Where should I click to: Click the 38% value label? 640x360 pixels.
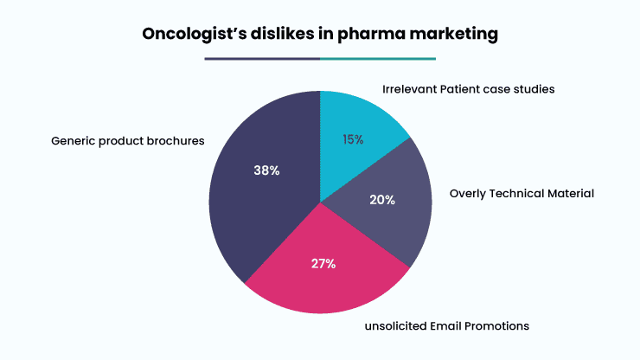pos(266,170)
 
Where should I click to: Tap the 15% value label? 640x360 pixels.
pos(353,139)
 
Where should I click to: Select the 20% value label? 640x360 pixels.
pos(382,200)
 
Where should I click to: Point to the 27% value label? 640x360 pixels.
pos(323,264)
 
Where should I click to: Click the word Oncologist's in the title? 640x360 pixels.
pos(195,34)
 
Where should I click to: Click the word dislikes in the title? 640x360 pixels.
pos(282,33)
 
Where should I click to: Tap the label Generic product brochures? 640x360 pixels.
pos(128,141)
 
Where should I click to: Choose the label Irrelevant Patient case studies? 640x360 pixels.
pos(469,89)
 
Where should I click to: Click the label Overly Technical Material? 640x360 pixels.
pos(522,193)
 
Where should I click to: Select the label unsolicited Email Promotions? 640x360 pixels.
pos(447,326)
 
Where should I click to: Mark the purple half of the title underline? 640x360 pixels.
pos(262,59)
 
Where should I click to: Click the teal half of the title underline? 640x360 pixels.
pos(378,59)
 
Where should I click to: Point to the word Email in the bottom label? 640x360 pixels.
pos(445,326)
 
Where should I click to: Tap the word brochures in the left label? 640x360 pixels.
pos(176,141)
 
